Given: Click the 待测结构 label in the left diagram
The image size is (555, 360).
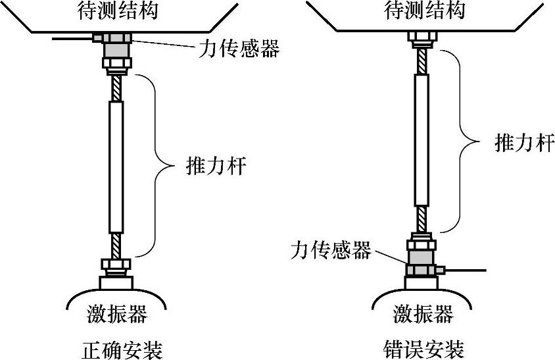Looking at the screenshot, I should coord(116,10).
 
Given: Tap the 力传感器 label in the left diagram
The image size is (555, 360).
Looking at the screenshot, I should coord(239,48).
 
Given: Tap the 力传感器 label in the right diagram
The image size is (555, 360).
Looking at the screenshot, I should coord(331,250).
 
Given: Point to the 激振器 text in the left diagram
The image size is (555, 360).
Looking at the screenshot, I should coord(117,314).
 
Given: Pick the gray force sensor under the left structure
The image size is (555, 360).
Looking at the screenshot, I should coord(117,49).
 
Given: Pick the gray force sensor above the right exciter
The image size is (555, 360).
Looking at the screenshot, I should coord(421,255).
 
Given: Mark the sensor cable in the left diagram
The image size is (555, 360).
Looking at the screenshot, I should coord(72,38).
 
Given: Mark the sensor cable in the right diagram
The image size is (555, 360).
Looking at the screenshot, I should coord(467,269).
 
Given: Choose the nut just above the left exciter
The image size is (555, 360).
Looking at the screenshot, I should coord(116,265).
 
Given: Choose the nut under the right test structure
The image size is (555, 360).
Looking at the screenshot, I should coord(421,38).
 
